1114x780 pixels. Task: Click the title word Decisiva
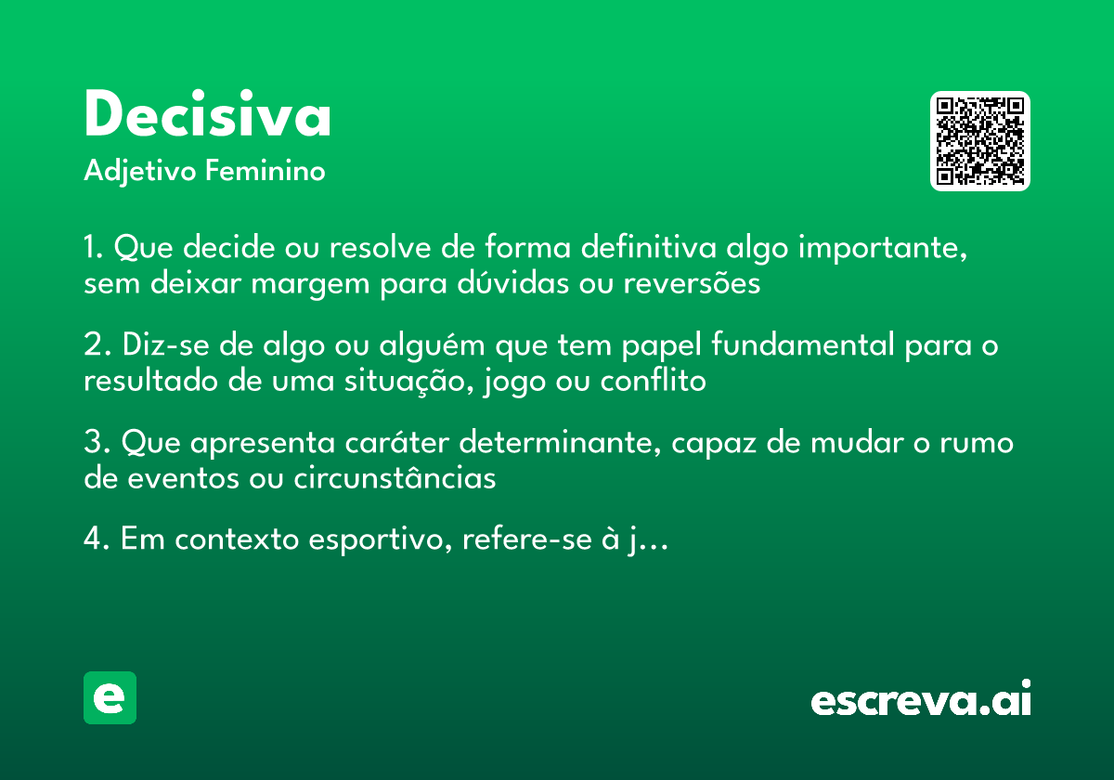(x=207, y=116)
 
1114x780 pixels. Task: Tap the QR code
(x=979, y=141)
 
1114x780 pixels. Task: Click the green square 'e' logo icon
(x=110, y=697)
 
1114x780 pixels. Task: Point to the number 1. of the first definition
(x=94, y=249)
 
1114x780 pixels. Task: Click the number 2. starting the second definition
(x=97, y=345)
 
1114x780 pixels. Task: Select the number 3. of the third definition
(x=97, y=443)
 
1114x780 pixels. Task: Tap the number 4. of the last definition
(x=97, y=539)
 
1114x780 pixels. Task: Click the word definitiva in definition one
(x=646, y=249)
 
